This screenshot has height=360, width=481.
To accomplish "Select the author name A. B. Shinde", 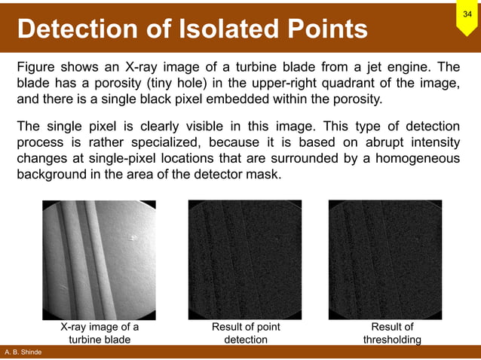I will [23, 352].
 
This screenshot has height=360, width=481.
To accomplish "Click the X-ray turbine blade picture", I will [99, 260].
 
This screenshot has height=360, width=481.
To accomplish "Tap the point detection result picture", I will [244, 260].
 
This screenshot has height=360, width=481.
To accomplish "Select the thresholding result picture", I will [386, 260].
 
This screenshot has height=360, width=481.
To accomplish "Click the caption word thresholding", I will [392, 340].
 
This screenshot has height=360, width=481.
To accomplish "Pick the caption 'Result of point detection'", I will [246, 334].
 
